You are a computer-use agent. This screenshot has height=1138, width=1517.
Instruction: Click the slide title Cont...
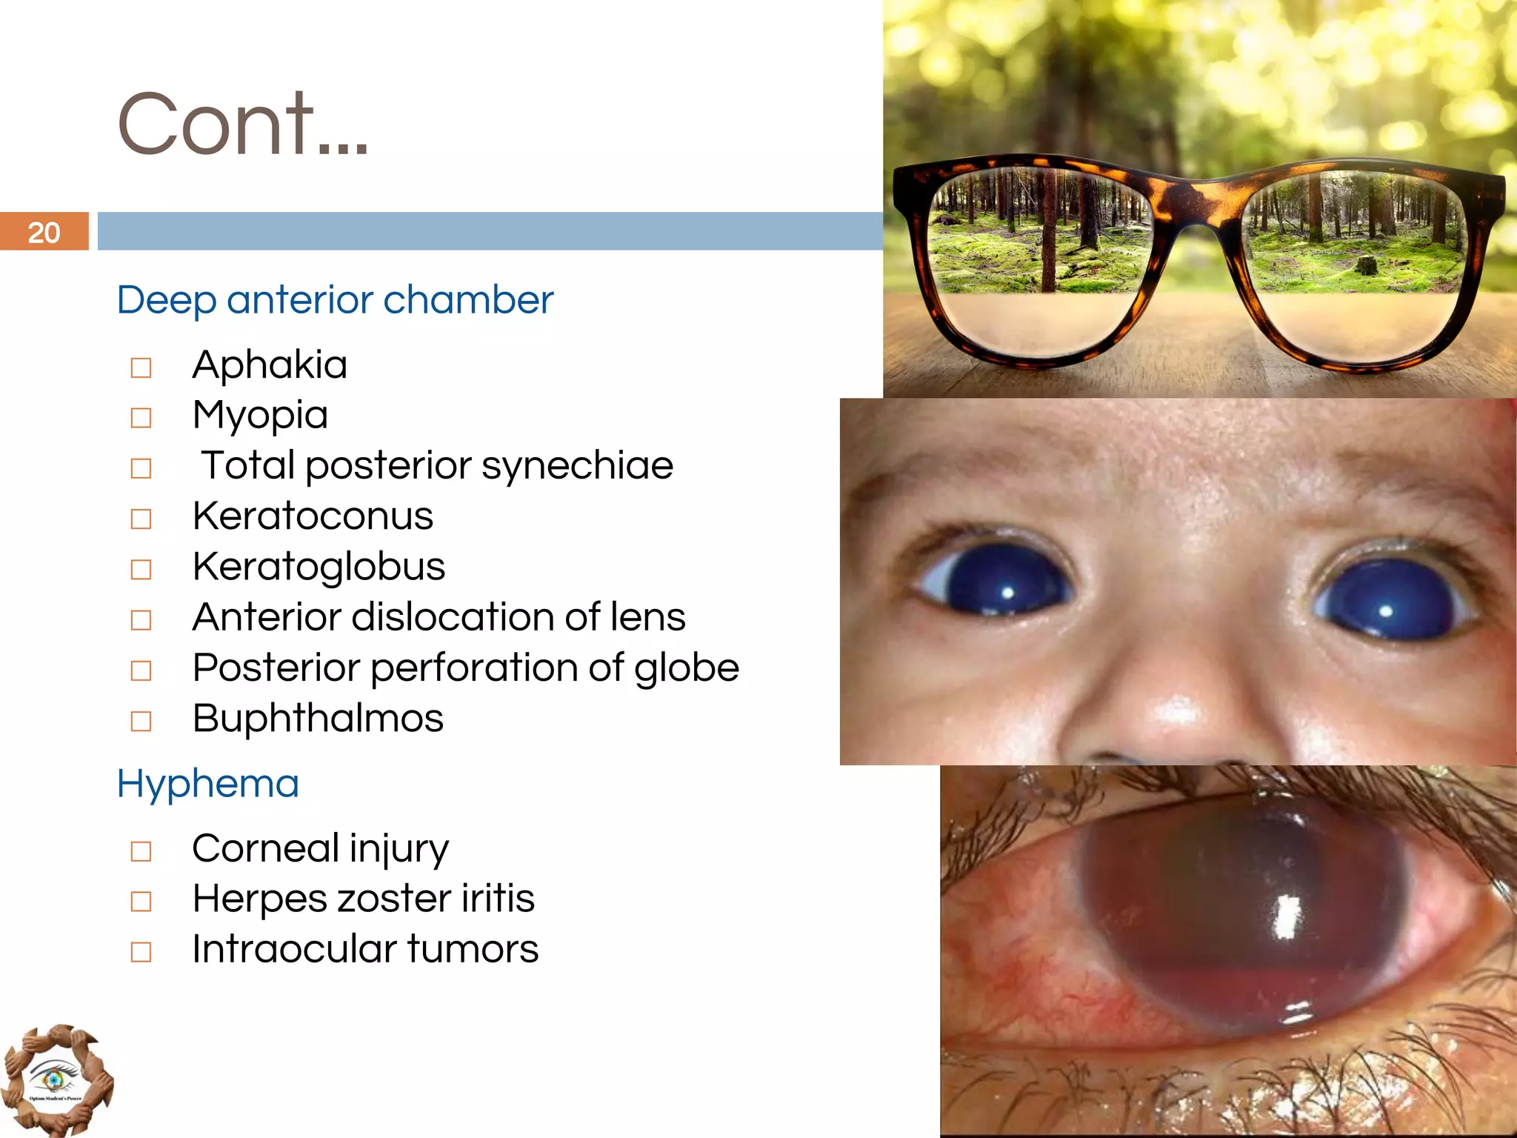[x=242, y=124]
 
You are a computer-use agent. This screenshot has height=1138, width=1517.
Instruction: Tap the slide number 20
[x=44, y=233]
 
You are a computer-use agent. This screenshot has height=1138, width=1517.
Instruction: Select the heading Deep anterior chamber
[x=335, y=300]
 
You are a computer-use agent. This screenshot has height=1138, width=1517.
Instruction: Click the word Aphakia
[x=270, y=365]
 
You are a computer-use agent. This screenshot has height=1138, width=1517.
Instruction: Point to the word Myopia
[x=260, y=415]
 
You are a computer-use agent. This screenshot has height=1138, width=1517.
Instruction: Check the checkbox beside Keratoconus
[x=141, y=519]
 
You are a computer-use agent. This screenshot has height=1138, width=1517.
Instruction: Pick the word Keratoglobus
[x=319, y=567]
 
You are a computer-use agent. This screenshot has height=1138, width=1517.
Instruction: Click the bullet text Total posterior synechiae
[x=437, y=466]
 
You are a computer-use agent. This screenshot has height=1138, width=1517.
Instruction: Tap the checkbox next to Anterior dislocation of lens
[x=141, y=619]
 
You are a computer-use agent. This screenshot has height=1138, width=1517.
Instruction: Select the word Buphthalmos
[x=318, y=718]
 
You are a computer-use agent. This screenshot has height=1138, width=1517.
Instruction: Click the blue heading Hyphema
[x=208, y=784]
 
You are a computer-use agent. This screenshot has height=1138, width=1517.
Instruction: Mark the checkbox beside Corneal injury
[x=141, y=851]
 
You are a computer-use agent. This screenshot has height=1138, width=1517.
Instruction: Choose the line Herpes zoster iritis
[x=363, y=899]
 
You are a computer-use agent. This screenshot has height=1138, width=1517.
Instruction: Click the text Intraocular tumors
[x=365, y=949]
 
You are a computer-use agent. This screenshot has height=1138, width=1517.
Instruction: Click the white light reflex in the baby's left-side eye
[x=1007, y=592]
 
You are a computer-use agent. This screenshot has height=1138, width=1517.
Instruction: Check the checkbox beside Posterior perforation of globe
[x=141, y=671]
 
